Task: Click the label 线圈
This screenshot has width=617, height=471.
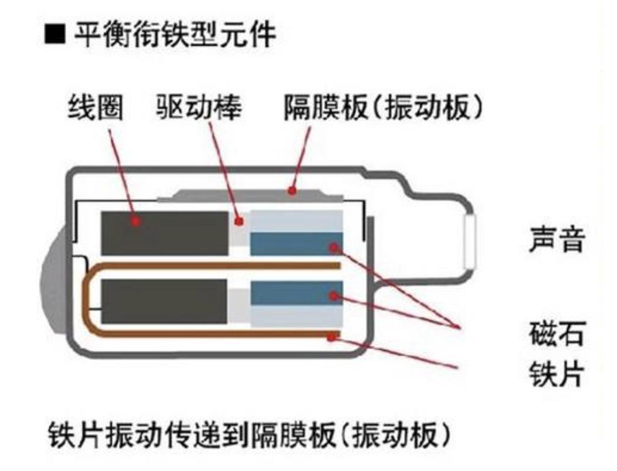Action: (96, 108)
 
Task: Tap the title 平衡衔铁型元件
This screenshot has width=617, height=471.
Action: (174, 36)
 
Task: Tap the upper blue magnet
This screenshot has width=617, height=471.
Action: (295, 244)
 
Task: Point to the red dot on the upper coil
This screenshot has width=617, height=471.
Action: (137, 221)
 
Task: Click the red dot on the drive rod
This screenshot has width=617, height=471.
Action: (239, 221)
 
